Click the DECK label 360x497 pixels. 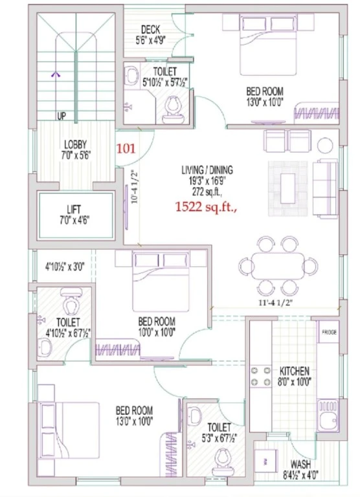pyautogui.click(x=150, y=30)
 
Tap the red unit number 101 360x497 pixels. pyautogui.click(x=126, y=148)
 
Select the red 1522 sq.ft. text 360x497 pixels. pyautogui.click(x=207, y=207)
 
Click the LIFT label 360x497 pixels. pyautogui.click(x=74, y=210)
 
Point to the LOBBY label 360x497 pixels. pyautogui.click(x=75, y=145)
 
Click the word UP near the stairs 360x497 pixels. pyautogui.click(x=62, y=116)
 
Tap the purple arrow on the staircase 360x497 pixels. pyautogui.click(x=56, y=74)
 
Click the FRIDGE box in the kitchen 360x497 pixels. pyautogui.click(x=329, y=332)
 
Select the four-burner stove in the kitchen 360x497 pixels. pyautogui.click(x=260, y=376)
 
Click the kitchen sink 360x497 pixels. pyautogui.click(x=329, y=415)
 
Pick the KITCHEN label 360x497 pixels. pyautogui.click(x=294, y=371)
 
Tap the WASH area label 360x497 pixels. pyautogui.click(x=300, y=465)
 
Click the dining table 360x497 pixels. pyautogui.click(x=278, y=265)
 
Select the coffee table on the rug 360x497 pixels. pyautogui.click(x=287, y=188)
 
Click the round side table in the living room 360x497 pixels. pyautogui.click(x=325, y=146)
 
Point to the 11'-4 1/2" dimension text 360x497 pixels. pyautogui.click(x=275, y=302)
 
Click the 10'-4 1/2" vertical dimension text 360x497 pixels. pyautogui.click(x=135, y=187)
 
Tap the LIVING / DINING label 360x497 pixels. pyautogui.click(x=207, y=170)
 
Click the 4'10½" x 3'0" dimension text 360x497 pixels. pyautogui.click(x=64, y=267)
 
